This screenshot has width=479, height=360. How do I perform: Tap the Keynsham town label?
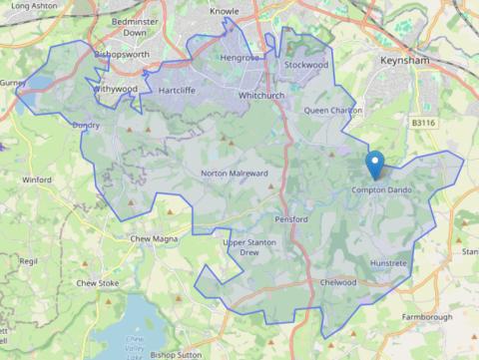point(404,61)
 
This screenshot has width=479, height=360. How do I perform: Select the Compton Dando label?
point(381,190)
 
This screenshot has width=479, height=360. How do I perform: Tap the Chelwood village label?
point(338,282)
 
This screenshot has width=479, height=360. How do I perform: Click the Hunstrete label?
point(388,262)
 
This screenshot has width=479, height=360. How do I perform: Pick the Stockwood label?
point(305,65)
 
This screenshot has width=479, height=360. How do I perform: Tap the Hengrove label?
point(239,58)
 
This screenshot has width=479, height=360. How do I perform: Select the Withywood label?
point(115,88)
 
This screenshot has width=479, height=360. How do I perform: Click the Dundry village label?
point(86,126)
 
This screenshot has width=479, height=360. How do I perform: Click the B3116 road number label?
point(422,123)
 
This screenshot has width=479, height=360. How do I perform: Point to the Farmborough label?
point(427,317)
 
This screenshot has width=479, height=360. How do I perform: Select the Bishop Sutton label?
point(176,353)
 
